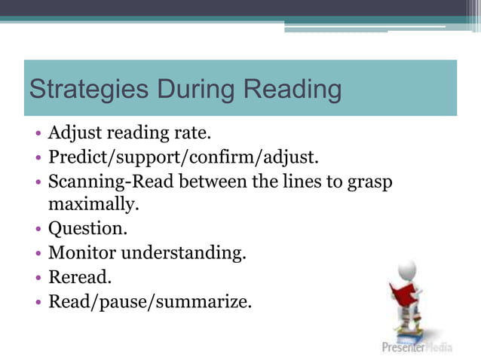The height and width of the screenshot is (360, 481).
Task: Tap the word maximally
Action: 94,203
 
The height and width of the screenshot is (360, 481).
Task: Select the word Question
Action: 84,227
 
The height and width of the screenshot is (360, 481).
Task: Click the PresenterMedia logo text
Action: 427,347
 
